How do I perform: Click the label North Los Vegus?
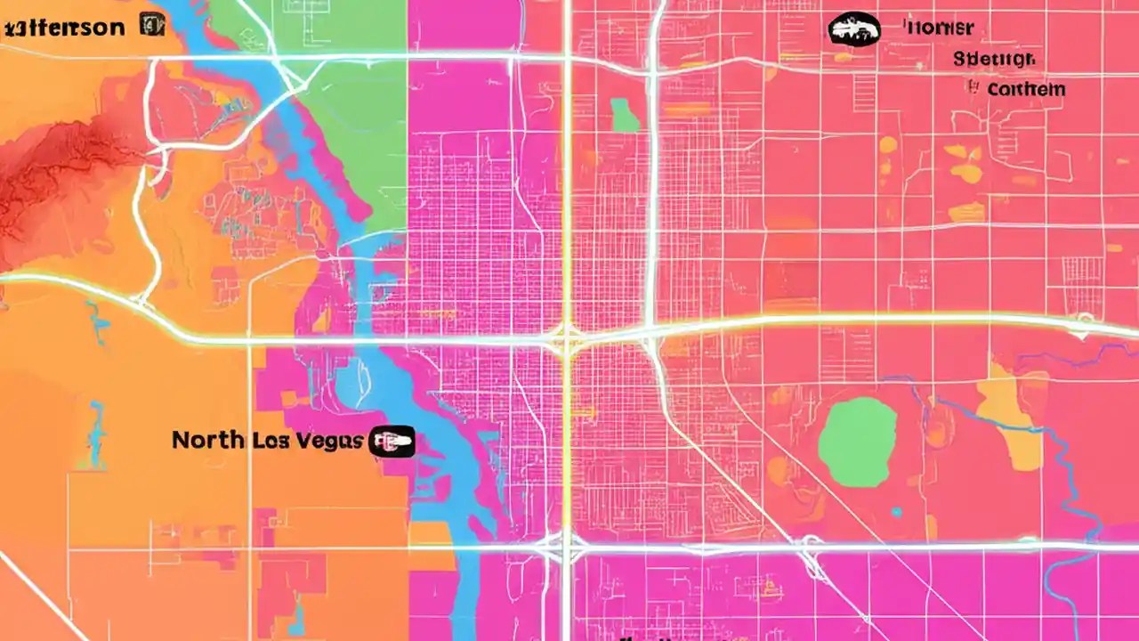[267, 440]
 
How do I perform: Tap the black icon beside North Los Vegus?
[392, 441]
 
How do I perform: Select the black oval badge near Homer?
[854, 28]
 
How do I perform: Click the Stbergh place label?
[994, 60]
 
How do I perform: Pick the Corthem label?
[1026, 89]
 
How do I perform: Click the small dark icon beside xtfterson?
[151, 24]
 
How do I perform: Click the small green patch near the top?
[625, 115]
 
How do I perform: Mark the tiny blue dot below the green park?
[896, 512]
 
